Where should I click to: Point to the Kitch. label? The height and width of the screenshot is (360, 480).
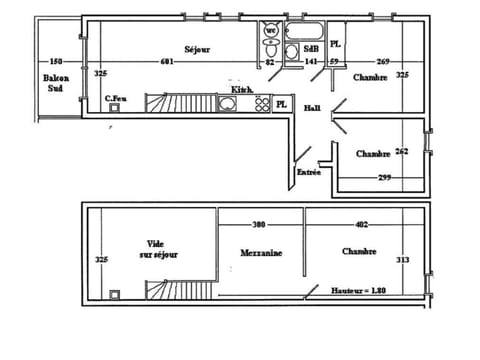pos(241,90)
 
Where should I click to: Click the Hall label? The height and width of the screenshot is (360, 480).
pos(312,108)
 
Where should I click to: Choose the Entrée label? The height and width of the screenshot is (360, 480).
pos(308,172)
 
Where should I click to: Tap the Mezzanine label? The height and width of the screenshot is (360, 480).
pos(261,253)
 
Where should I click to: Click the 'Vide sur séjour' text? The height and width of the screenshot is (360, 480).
pos(159,249)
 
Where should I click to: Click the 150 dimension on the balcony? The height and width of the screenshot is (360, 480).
pos(56,62)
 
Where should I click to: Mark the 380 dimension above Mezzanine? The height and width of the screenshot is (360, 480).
pos(259,224)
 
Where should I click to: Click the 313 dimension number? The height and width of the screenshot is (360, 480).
pos(403,260)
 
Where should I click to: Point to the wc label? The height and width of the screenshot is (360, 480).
pos(271,30)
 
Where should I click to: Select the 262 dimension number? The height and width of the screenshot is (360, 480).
pos(402,152)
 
